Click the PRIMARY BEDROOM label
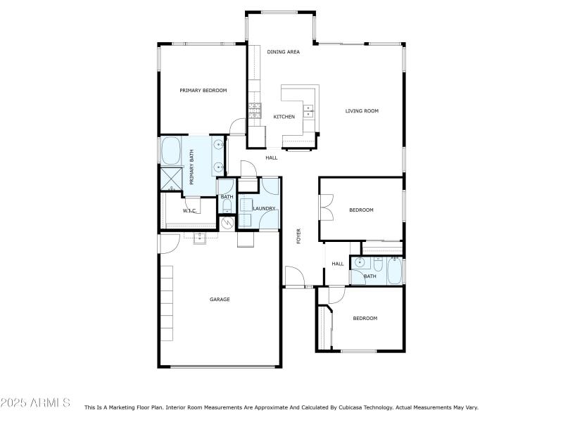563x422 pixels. pos(203,90)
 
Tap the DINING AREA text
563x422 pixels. pos(284,52)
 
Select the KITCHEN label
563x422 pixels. pos(284,117)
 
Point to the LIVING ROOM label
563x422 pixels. pos(362,110)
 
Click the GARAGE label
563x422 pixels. pos(220,300)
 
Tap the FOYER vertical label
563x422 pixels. pos(298,236)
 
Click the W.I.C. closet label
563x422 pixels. pos(189,210)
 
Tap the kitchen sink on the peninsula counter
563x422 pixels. pos(308,110)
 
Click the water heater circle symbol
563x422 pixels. pos(227,223)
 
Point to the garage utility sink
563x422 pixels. pos(200,238)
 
